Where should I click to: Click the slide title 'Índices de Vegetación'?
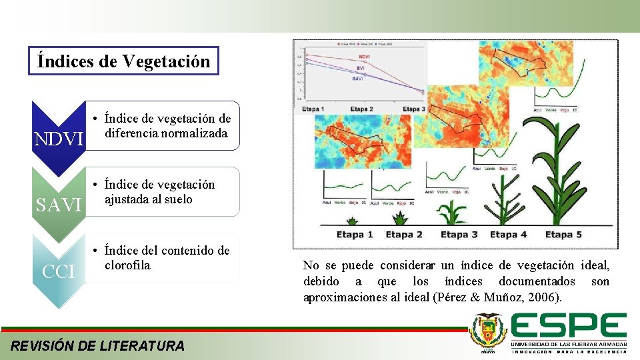click(x=124, y=61)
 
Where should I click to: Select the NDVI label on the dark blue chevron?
click(x=59, y=139)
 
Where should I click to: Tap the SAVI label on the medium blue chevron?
click(x=59, y=205)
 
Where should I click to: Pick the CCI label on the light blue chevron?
click(x=59, y=271)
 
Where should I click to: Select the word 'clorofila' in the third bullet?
click(x=127, y=265)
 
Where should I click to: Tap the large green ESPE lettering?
click(x=569, y=326)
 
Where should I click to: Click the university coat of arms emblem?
click(x=488, y=331)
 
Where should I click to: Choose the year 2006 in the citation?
click(x=545, y=297)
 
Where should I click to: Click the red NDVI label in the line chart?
click(x=364, y=57)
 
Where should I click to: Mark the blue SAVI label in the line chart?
click(x=359, y=79)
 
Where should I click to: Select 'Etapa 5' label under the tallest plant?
click(x=563, y=234)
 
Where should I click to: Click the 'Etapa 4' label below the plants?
click(x=508, y=234)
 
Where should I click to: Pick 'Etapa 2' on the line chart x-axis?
click(x=361, y=109)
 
